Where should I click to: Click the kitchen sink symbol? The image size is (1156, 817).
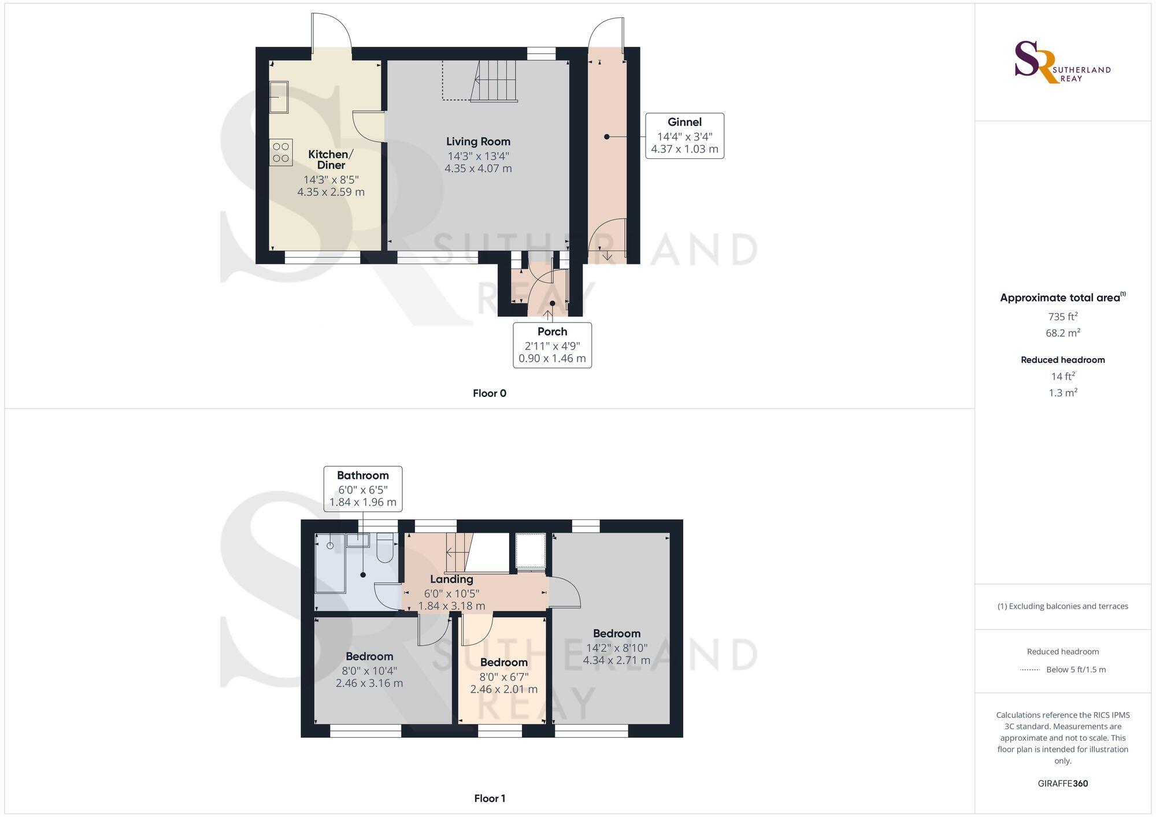279,96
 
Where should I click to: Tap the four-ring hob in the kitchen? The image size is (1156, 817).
281,153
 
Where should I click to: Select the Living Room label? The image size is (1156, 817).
478,142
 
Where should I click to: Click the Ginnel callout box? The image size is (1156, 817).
684,136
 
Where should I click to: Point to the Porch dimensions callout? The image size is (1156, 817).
552,345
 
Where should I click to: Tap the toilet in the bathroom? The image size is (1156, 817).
385,548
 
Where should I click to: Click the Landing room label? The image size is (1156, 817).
451,579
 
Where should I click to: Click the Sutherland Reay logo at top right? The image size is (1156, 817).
1062,62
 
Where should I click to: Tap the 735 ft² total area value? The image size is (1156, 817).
1062,317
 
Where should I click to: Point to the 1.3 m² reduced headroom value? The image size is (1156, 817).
1062,393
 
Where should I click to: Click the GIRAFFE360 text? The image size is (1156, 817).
1062,783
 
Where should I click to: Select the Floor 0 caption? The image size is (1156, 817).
489,393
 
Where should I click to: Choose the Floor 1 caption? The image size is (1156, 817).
489,799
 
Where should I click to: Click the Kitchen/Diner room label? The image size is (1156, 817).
331,159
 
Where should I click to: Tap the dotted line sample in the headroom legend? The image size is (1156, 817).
1030,670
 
